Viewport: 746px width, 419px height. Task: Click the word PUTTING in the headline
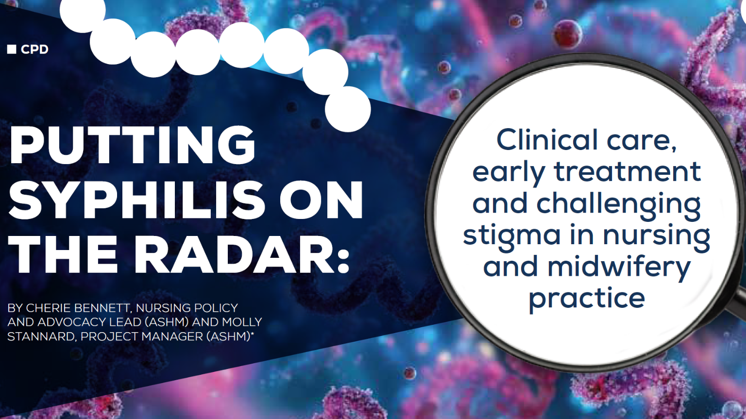pos(133,145)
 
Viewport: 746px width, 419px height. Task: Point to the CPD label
pos(34,50)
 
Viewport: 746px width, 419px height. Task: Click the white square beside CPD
pos(12,49)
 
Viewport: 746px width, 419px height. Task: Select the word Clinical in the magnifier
pos(547,140)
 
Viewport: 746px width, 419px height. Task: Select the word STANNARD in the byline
pos(39,336)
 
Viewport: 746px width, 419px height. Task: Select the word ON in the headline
pos(321,200)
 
